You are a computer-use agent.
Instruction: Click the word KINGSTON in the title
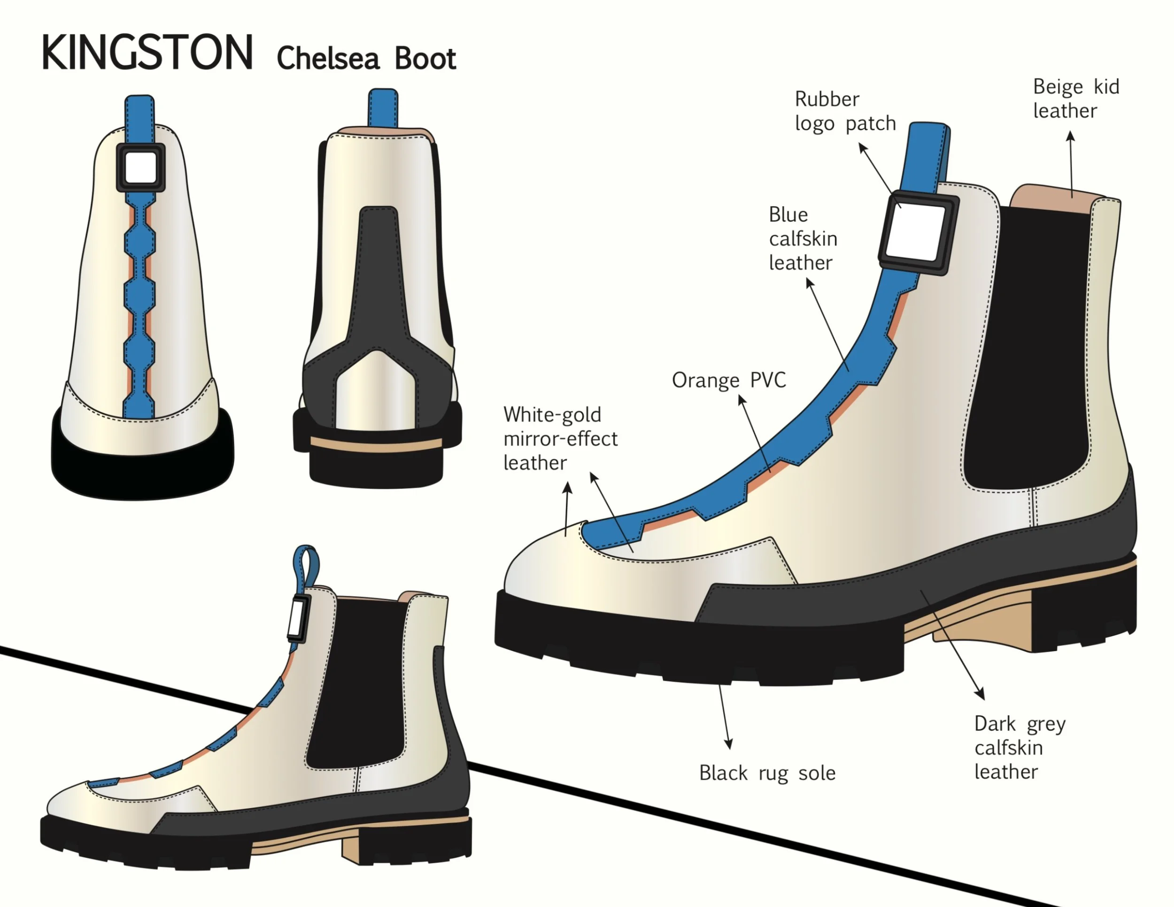click(147, 53)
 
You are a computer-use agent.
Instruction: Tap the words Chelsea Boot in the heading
click(366, 58)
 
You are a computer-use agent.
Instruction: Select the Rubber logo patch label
click(845, 111)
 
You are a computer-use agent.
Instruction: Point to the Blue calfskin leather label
click(803, 238)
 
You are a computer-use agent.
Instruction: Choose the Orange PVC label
click(728, 380)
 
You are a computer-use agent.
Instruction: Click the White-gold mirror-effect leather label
click(560, 438)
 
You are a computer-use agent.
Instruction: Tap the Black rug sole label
click(767, 773)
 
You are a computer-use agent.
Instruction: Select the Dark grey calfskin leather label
click(1019, 747)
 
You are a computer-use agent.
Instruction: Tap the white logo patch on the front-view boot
click(141, 168)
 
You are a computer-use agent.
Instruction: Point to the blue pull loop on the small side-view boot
click(306, 567)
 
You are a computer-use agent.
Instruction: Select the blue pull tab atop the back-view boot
click(383, 108)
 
